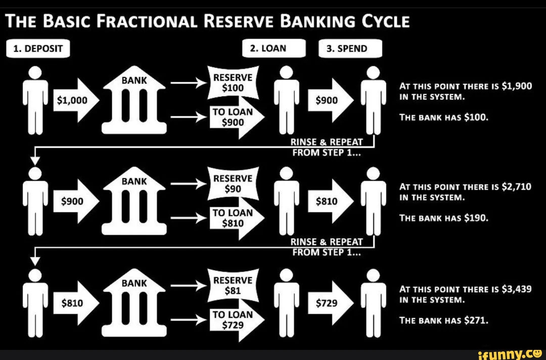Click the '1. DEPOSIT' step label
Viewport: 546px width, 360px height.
pos(37,49)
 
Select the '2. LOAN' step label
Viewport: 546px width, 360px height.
pos(275,49)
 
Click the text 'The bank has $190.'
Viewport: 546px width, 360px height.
pos(443,218)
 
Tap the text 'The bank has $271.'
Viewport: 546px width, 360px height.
pos(443,320)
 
